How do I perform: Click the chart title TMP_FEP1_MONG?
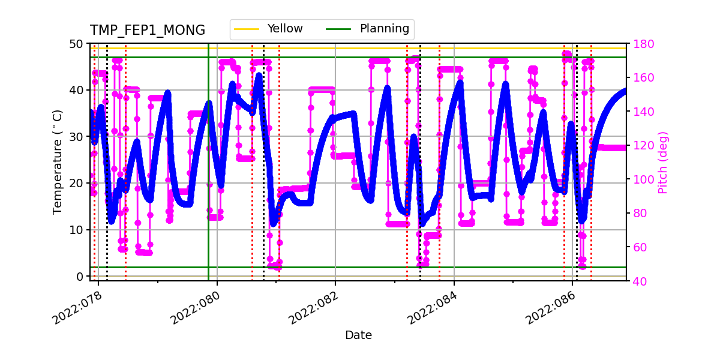pos(147,31)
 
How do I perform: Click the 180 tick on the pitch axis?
pos(641,44)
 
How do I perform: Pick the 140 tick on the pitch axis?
pos(641,112)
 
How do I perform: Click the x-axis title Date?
pos(358,335)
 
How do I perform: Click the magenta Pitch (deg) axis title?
pos(662,162)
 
